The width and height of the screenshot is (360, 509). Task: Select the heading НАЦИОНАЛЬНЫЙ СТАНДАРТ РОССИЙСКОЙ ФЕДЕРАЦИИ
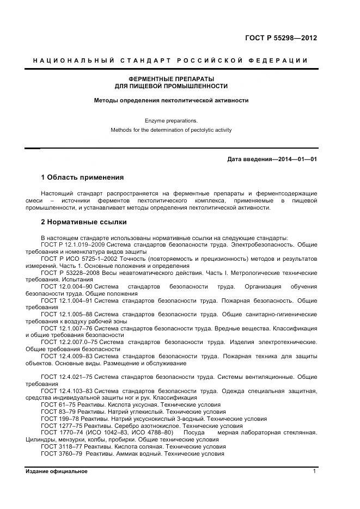(x=170, y=60)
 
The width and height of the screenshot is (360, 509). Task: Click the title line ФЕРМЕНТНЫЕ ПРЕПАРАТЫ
(x=171, y=79)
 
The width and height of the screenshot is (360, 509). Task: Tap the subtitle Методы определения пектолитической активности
(x=171, y=100)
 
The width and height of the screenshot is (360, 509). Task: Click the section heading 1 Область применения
(x=82, y=177)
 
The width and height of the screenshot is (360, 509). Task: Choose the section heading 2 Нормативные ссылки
(x=83, y=222)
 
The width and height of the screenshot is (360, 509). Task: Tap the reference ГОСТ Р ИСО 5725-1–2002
(x=75, y=259)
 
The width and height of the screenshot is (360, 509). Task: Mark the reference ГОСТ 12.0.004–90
(x=64, y=286)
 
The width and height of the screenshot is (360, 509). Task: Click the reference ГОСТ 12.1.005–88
(x=64, y=314)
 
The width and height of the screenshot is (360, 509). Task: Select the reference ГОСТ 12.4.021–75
(x=64, y=377)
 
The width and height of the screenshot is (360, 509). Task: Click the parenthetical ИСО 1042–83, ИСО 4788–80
(x=129, y=433)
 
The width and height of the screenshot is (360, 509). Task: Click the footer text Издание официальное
(x=56, y=471)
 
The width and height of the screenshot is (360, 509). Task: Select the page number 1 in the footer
(x=314, y=471)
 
